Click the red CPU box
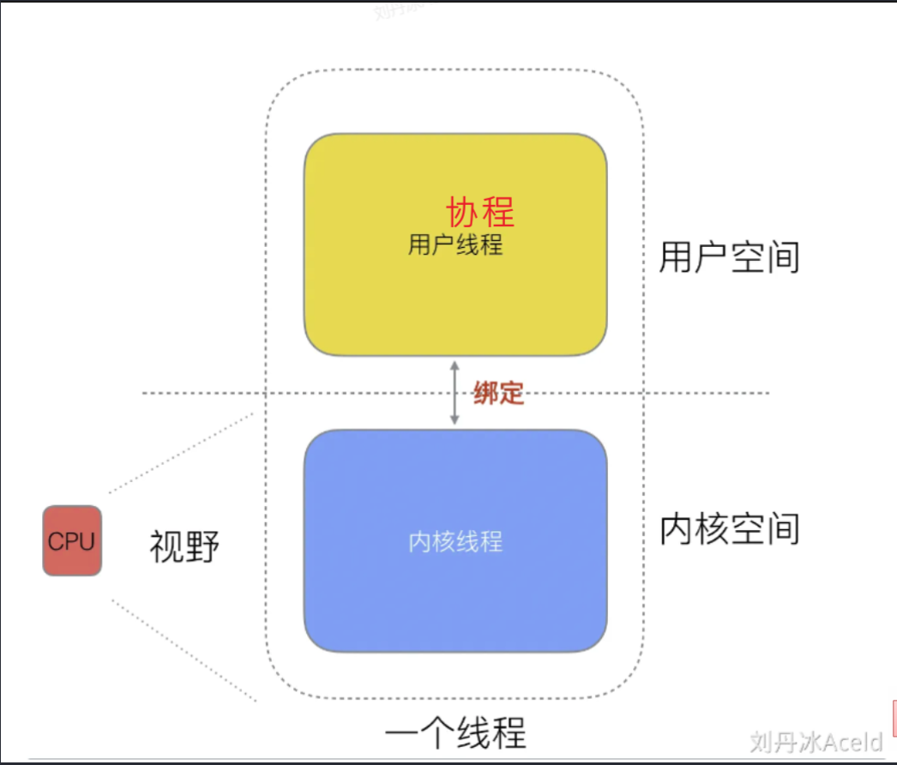pyautogui.click(x=72, y=540)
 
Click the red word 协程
pyautogui.click(x=480, y=211)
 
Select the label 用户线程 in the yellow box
pyautogui.click(x=455, y=245)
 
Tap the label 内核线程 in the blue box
pyautogui.click(x=455, y=541)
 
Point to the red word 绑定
pyautogui.click(x=498, y=394)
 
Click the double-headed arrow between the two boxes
pyautogui.click(x=455, y=393)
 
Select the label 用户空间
pyautogui.click(x=729, y=256)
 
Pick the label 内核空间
pyautogui.click(x=729, y=529)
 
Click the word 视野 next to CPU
pyautogui.click(x=184, y=545)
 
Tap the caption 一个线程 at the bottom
pyautogui.click(x=455, y=733)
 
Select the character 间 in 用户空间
pyautogui.click(x=782, y=256)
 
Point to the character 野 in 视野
pyautogui.click(x=202, y=545)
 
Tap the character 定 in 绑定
pyautogui.click(x=511, y=394)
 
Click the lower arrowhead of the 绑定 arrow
pyautogui.click(x=455, y=421)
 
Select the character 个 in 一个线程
pyautogui.click(x=436, y=733)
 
